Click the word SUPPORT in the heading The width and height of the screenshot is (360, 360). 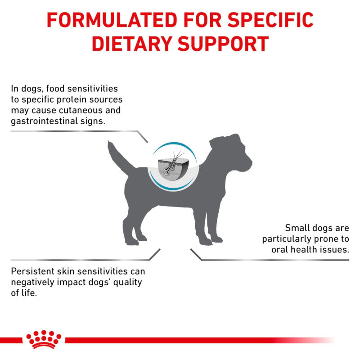pos(226,44)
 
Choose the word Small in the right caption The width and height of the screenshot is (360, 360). pos(297,228)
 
